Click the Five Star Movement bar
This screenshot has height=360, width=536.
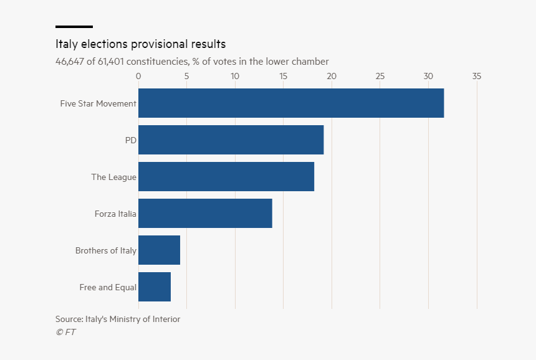(x=291, y=103)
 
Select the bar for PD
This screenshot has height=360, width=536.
(x=231, y=140)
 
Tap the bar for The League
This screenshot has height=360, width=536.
(x=226, y=177)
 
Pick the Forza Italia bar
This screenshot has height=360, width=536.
(x=205, y=214)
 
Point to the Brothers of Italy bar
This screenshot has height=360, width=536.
(x=159, y=250)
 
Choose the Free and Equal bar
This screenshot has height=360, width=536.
(x=155, y=287)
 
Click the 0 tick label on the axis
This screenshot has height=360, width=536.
(x=138, y=76)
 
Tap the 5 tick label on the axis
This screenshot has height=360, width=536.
(x=186, y=76)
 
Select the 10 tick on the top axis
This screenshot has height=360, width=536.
(x=235, y=76)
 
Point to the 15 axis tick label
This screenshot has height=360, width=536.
(x=284, y=76)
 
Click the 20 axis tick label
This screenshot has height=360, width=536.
(x=332, y=76)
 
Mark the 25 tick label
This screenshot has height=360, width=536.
(x=380, y=76)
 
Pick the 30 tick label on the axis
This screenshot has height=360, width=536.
(x=428, y=76)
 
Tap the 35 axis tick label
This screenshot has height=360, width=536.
(x=477, y=76)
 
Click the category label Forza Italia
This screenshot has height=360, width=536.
(x=115, y=214)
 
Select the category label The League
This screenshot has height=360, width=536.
(x=113, y=178)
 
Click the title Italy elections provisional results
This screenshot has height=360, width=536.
(x=140, y=44)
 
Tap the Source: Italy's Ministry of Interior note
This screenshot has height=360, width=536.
(x=118, y=320)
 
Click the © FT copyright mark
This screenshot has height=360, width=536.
(x=65, y=332)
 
